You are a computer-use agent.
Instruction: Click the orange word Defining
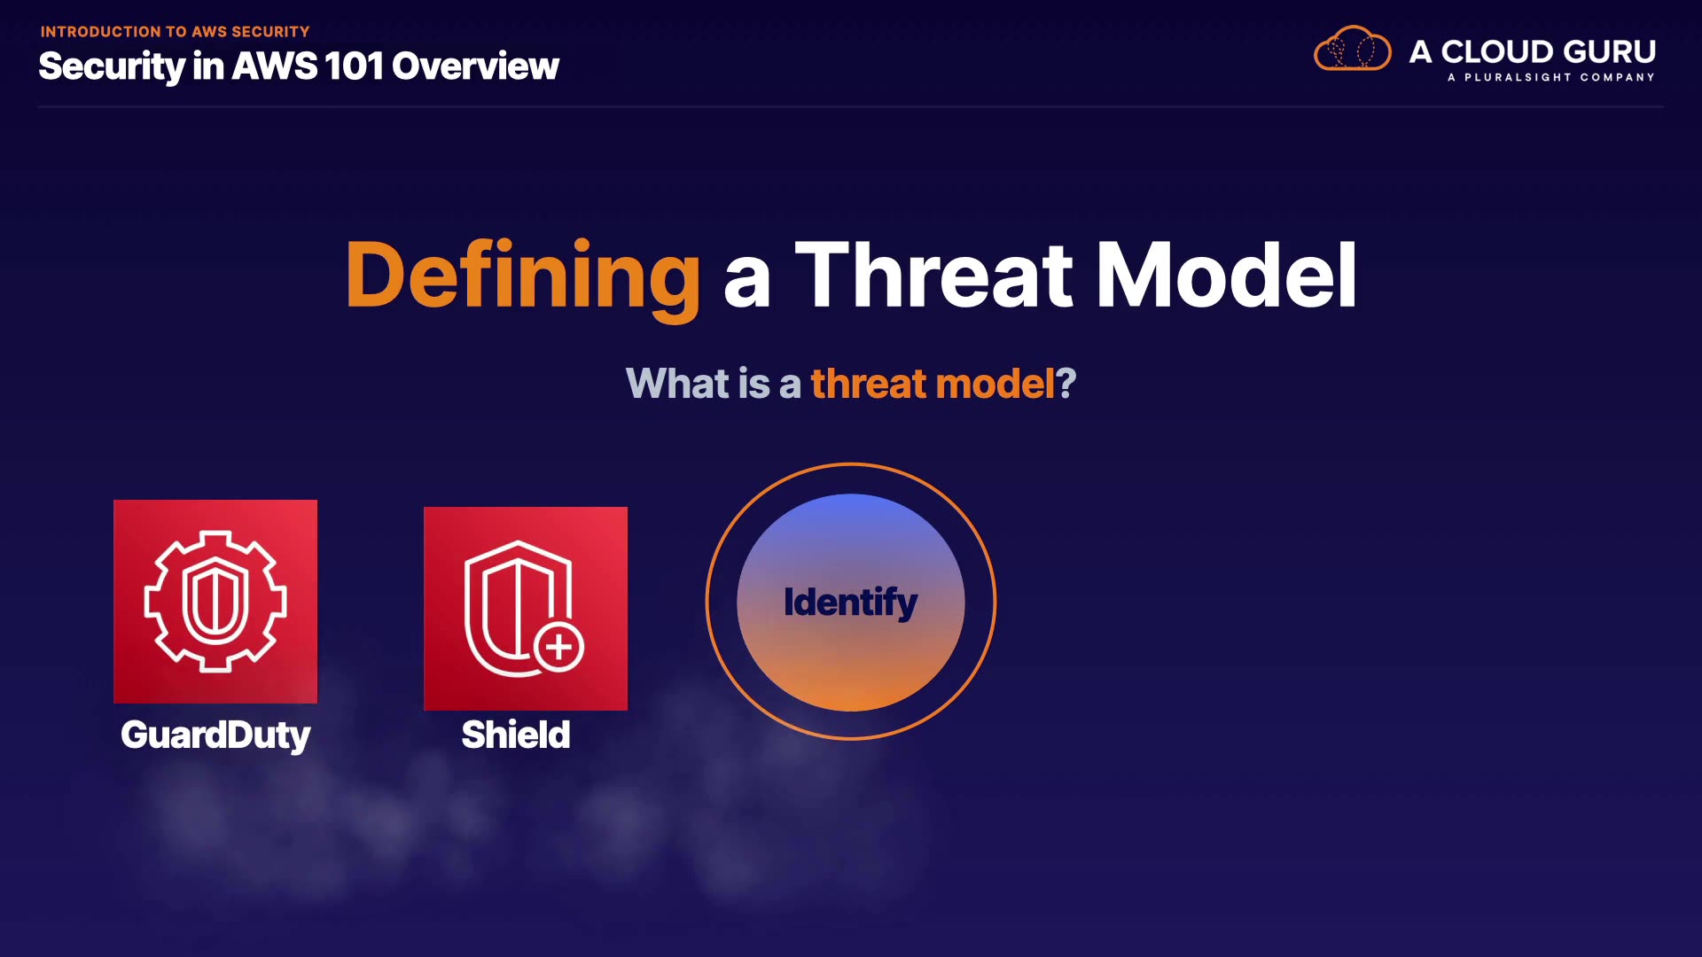click(523, 276)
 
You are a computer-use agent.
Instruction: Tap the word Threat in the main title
click(934, 276)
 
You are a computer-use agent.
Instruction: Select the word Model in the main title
click(1227, 276)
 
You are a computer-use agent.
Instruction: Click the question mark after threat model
click(1066, 384)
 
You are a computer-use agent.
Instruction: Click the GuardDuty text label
click(215, 735)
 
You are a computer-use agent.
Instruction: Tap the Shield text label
click(516, 735)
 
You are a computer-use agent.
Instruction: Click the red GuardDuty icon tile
click(215, 602)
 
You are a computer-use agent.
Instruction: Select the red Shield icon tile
click(526, 609)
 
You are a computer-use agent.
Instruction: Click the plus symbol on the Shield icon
click(558, 647)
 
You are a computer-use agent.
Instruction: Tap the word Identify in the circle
click(851, 603)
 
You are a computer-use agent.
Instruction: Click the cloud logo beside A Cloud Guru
click(1353, 49)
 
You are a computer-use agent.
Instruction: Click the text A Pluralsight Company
click(1551, 77)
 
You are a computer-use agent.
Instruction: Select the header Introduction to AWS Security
click(175, 32)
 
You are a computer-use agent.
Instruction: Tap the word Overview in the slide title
click(475, 66)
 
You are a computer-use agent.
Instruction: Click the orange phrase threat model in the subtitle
click(933, 384)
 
